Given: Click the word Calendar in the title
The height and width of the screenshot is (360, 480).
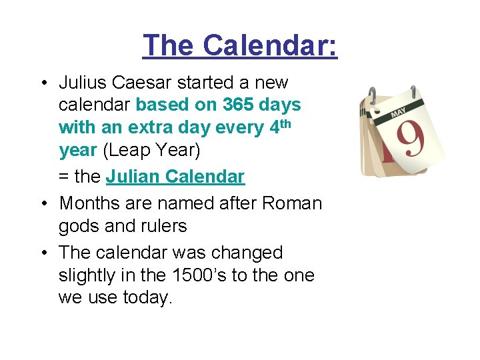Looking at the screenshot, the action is tap(269, 45).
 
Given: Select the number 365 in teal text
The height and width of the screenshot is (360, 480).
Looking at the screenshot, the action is tap(238, 105).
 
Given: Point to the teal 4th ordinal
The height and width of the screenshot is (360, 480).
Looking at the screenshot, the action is tap(280, 126).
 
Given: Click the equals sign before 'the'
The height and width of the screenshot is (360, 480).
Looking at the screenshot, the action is tap(64, 177).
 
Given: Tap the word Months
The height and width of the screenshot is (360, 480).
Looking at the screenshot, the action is tap(89, 203).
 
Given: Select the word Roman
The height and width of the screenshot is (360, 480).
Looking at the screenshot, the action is tap(292, 203).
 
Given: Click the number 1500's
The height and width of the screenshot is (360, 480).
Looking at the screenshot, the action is tap(199, 275).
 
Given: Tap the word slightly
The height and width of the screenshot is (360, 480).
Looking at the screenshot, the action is tap(87, 275).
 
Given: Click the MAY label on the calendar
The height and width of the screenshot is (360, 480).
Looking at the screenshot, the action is tap(398, 113).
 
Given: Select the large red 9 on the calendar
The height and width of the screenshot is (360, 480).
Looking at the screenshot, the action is tap(411, 139).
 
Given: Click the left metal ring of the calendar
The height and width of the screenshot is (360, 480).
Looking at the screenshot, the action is tap(372, 95).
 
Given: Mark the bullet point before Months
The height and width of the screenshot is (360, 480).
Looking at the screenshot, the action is tap(45, 203).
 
